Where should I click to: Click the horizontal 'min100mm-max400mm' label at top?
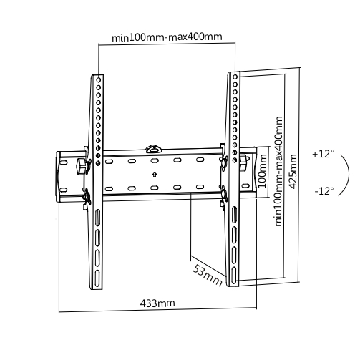point(167,37)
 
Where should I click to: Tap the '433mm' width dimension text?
point(157,303)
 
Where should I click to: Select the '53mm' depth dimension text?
point(208,275)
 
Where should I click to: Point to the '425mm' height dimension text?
point(293,172)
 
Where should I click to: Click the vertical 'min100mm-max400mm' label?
point(278,171)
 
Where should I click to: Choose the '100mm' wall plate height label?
point(262,171)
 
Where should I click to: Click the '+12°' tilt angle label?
point(323,154)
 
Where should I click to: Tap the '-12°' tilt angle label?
point(324,191)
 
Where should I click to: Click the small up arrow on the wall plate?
point(155,175)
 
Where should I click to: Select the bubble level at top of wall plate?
point(154,149)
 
